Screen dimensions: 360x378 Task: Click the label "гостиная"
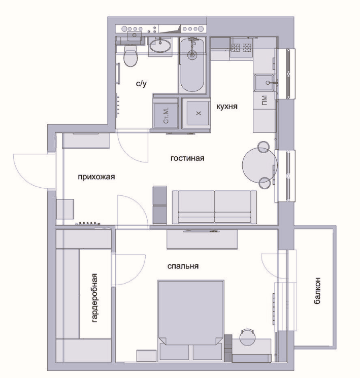(187, 158)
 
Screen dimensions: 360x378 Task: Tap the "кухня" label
(227, 107)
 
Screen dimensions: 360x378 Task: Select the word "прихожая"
(96, 177)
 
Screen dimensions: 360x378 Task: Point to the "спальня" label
(183, 266)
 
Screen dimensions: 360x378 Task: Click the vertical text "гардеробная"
(94, 298)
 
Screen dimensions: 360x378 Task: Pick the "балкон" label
(317, 291)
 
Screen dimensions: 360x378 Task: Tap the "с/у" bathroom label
(141, 83)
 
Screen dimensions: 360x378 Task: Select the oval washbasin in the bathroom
(160, 45)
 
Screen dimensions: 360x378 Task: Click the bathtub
(192, 65)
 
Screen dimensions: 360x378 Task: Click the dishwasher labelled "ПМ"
(264, 100)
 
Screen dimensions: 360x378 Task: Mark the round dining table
(259, 165)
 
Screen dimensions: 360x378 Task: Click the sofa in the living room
(214, 207)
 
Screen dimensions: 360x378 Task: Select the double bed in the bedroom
(190, 320)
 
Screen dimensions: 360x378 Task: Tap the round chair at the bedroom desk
(248, 337)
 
